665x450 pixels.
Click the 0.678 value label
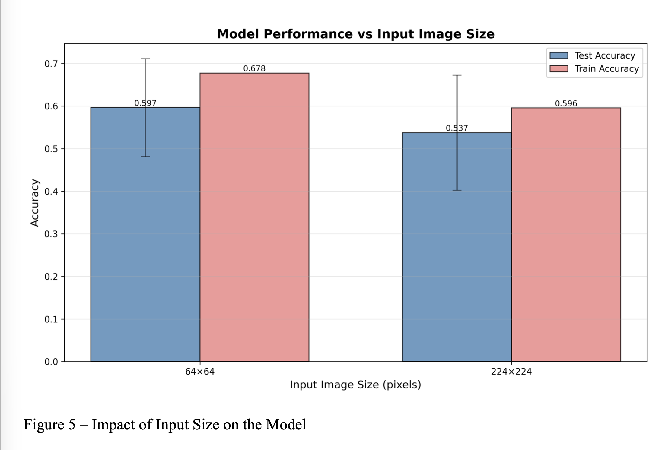[x=254, y=68]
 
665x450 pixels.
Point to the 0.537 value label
[x=457, y=128]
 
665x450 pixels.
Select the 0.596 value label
[x=566, y=103]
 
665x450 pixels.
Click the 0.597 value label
[x=145, y=103]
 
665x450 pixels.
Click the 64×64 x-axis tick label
[x=200, y=372]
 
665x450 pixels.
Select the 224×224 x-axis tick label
[x=511, y=372]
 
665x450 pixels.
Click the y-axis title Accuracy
[x=35, y=203]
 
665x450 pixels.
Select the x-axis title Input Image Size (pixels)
[x=355, y=385]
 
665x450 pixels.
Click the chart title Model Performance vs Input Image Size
[x=355, y=34]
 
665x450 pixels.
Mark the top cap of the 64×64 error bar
[x=145, y=59]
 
